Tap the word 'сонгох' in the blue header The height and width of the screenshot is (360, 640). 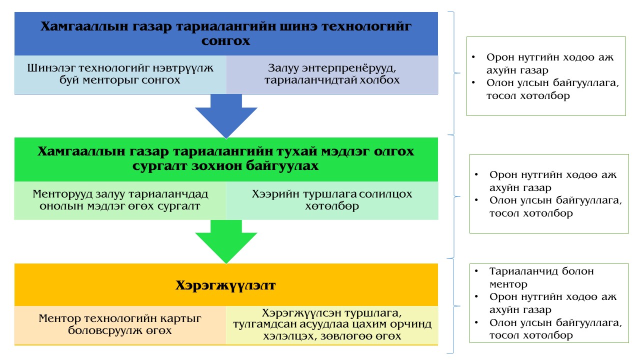[x=225, y=41]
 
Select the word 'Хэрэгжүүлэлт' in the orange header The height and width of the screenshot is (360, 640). [x=225, y=285]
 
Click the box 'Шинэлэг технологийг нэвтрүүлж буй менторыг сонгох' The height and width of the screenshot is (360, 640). [x=120, y=74]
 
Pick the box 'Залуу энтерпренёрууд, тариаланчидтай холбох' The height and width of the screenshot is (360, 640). [x=332, y=74]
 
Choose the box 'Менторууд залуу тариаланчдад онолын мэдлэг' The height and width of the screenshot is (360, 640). [x=120, y=200]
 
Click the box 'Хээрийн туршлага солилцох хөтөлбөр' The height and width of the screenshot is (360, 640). [x=332, y=200]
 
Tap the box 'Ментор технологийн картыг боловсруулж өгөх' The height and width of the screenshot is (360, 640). [x=120, y=325]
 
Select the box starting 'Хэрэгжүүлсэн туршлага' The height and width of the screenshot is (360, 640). [x=332, y=325]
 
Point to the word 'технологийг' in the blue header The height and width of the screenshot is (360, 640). [x=366, y=26]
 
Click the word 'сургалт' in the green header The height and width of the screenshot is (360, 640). [x=159, y=166]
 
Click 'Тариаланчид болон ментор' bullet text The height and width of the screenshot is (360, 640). [x=541, y=277]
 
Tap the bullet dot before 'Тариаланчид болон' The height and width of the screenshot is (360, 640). [x=476, y=270]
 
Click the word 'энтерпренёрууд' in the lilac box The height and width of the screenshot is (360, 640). [x=349, y=68]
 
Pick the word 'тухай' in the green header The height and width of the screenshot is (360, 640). [x=299, y=151]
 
